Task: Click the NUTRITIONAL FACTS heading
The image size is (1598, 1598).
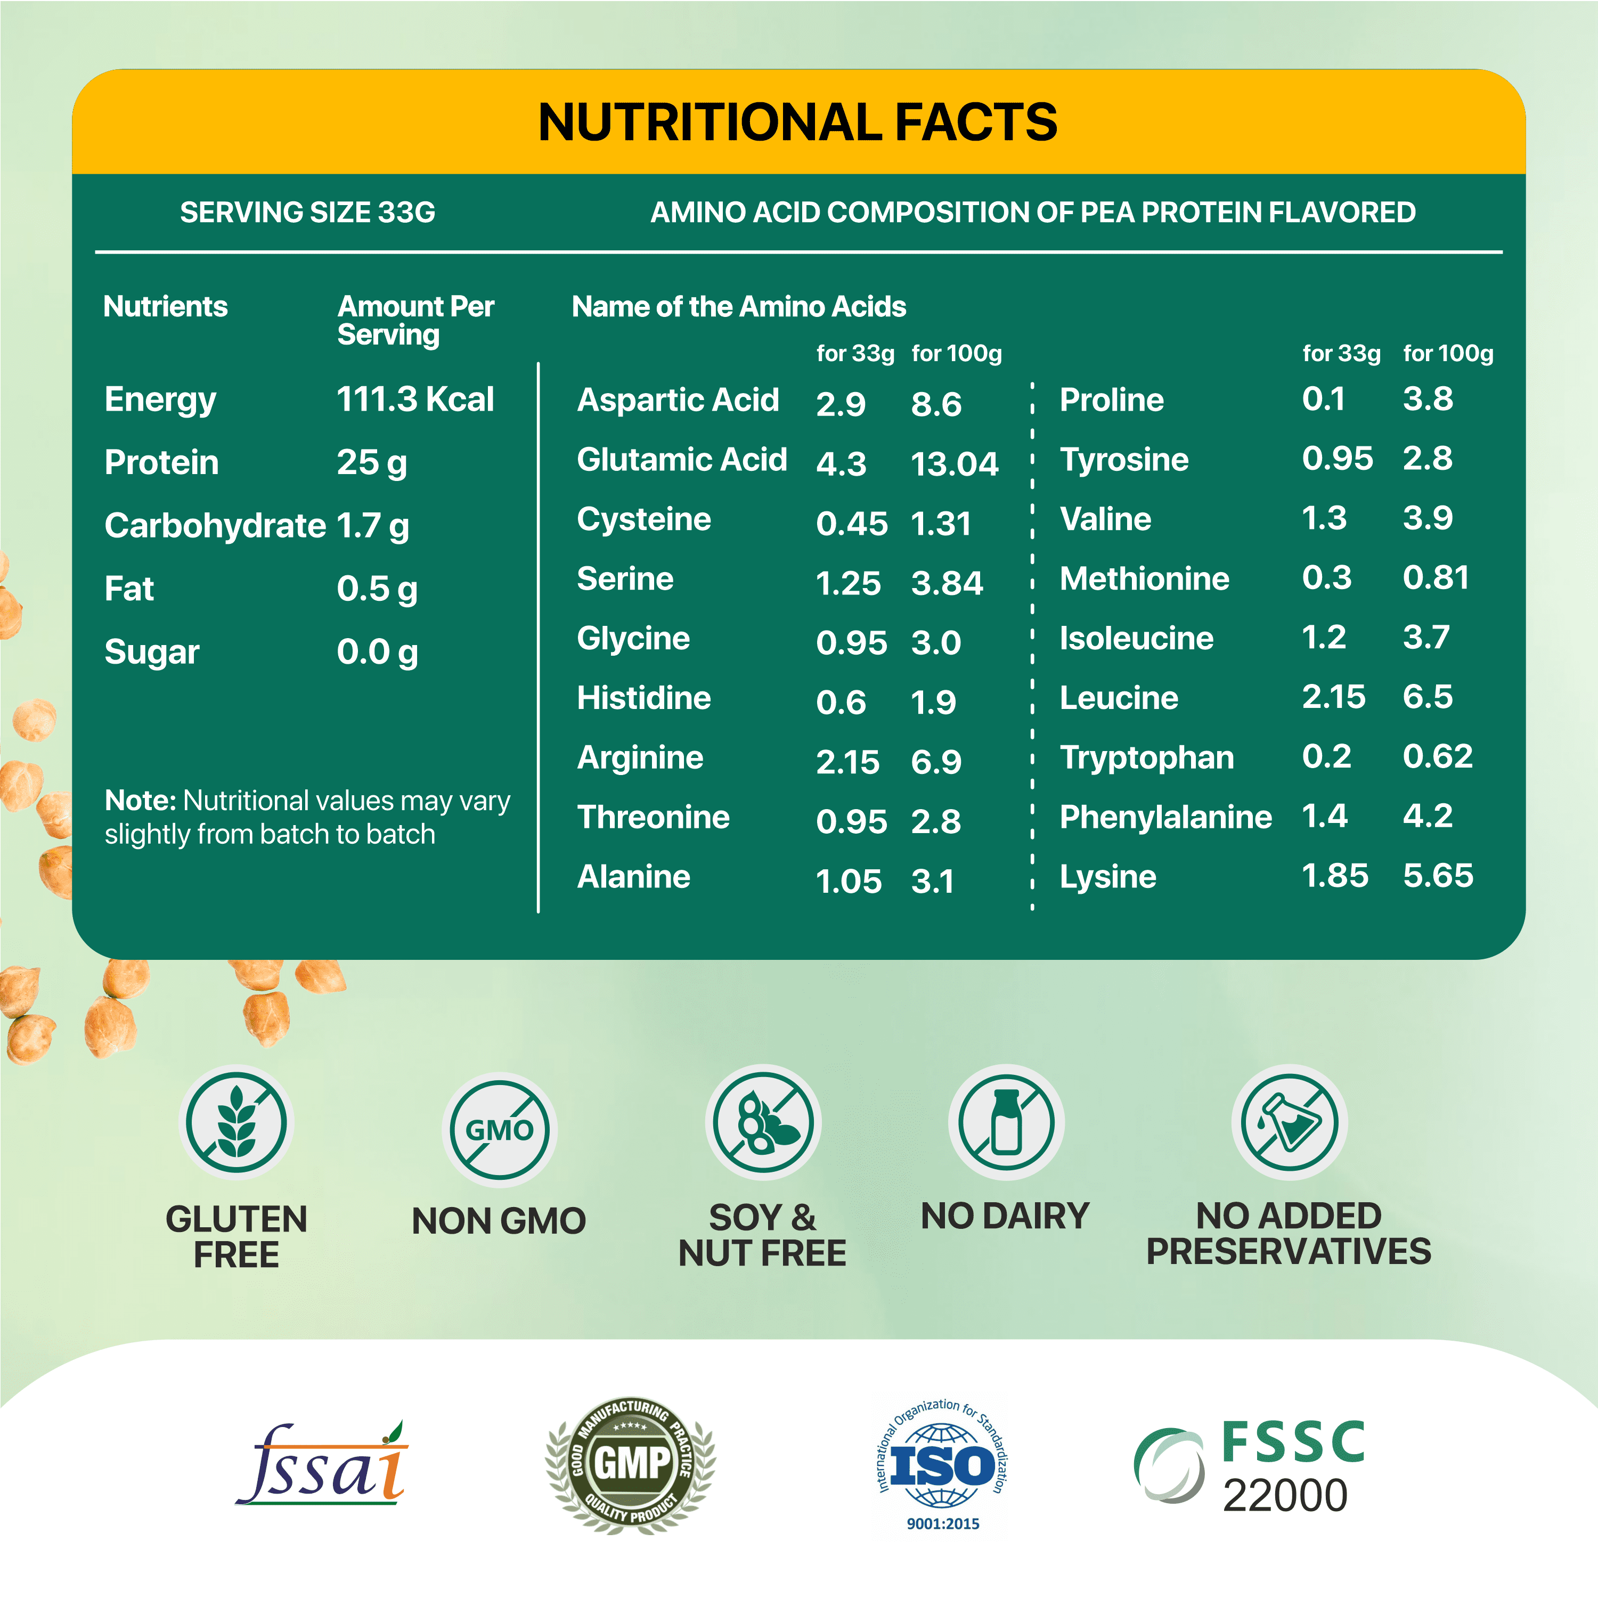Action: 797,123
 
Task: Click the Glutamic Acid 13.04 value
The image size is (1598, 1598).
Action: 955,464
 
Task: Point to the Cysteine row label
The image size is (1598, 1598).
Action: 643,519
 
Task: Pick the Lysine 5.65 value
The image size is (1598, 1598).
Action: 1438,875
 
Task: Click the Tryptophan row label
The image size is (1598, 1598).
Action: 1146,757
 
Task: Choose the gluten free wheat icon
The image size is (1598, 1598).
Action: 237,1122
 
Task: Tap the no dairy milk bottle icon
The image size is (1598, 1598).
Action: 1006,1122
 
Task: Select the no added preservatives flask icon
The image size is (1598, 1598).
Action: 1289,1122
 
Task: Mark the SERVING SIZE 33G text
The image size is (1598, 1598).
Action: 308,213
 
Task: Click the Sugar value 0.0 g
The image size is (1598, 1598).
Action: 377,653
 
